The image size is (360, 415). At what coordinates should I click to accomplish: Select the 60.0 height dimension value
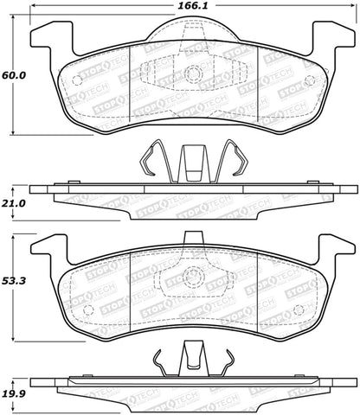pyautogui.click(x=12, y=75)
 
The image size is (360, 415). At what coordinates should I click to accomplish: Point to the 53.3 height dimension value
pyautogui.click(x=12, y=281)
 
